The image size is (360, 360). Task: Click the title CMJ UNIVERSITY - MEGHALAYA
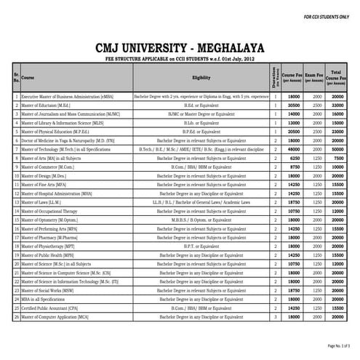click(180, 47)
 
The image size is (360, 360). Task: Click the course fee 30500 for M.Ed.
click(295, 105)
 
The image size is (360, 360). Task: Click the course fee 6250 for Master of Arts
click(295, 158)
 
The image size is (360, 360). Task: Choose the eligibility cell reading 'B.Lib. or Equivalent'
click(201, 122)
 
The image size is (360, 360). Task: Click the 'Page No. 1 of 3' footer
click(338, 345)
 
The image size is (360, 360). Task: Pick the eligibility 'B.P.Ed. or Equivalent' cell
click(201, 131)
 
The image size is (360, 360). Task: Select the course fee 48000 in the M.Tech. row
click(295, 148)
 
